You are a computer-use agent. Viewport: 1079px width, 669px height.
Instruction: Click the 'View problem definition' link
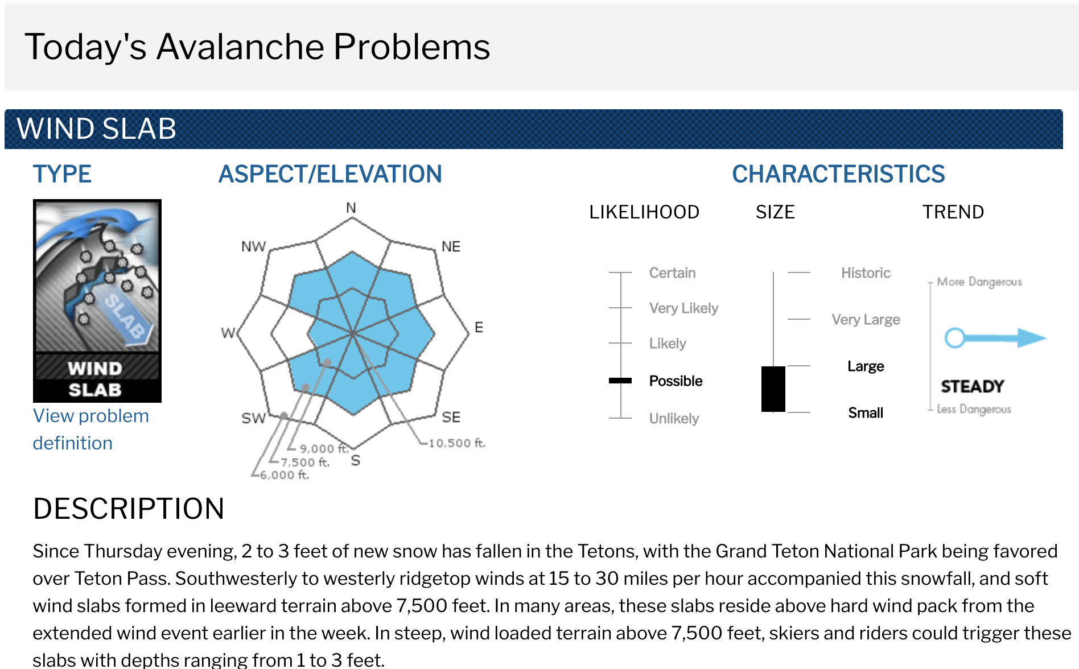[x=91, y=430]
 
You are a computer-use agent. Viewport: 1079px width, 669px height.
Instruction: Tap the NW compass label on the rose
[x=253, y=246]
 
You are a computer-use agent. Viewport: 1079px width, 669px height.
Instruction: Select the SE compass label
[x=451, y=417]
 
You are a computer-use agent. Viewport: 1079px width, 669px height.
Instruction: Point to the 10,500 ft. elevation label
[x=457, y=443]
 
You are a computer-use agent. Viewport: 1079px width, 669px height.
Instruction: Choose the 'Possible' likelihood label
[x=676, y=381]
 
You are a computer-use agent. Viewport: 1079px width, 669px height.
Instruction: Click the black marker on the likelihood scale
[x=620, y=381]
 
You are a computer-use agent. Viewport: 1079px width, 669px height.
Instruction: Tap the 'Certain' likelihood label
[x=672, y=273]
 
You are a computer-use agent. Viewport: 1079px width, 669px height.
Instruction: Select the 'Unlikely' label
[x=674, y=419]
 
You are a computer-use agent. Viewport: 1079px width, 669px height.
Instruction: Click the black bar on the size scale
[x=773, y=389]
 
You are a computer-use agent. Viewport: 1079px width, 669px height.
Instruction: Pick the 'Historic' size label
[x=866, y=273]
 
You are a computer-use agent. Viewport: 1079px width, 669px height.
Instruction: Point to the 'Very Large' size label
[x=866, y=320]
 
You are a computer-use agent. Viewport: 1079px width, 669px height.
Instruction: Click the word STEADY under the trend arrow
[x=972, y=386]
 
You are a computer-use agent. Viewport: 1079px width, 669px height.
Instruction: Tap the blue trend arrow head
[x=1032, y=338]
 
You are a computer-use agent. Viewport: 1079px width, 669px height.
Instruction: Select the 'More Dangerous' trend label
[x=979, y=282]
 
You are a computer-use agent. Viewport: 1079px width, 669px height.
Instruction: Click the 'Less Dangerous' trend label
[x=974, y=409]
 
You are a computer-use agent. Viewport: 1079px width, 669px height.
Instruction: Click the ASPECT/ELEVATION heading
[x=330, y=174]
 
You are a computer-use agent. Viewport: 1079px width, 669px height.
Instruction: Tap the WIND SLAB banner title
[x=97, y=129]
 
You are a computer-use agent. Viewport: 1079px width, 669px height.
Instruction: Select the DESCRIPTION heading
[x=129, y=509]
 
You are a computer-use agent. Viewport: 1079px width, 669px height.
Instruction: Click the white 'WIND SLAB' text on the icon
[x=95, y=379]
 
